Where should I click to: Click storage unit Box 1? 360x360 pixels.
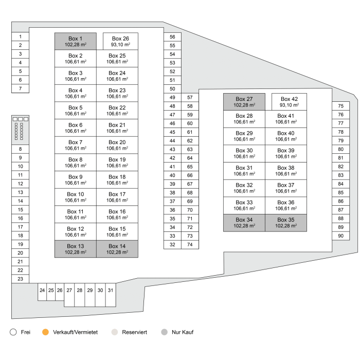tap(75, 42)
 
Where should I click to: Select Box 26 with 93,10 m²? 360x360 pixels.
tap(120, 42)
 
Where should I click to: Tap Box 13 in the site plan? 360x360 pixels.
tap(75, 249)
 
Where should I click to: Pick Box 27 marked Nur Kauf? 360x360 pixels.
tap(244, 102)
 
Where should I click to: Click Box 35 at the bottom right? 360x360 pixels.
tap(285, 223)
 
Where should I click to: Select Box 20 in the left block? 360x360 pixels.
tap(117, 145)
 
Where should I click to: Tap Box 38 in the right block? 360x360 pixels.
tap(285, 171)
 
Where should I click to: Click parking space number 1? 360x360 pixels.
tap(20, 37)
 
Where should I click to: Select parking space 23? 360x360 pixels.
tap(20, 279)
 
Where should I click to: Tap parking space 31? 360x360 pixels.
tap(110, 291)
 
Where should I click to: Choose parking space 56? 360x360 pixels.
tap(172, 37)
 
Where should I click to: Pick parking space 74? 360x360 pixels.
tap(190, 244)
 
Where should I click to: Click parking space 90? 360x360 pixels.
tap(340, 236)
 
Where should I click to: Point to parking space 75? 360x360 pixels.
tap(340, 106)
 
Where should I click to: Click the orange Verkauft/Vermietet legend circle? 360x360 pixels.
tap(46, 332)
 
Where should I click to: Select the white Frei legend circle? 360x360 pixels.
tap(14, 332)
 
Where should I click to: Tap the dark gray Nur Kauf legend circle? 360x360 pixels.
tap(164, 332)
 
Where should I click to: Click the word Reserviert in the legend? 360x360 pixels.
tap(134, 332)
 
